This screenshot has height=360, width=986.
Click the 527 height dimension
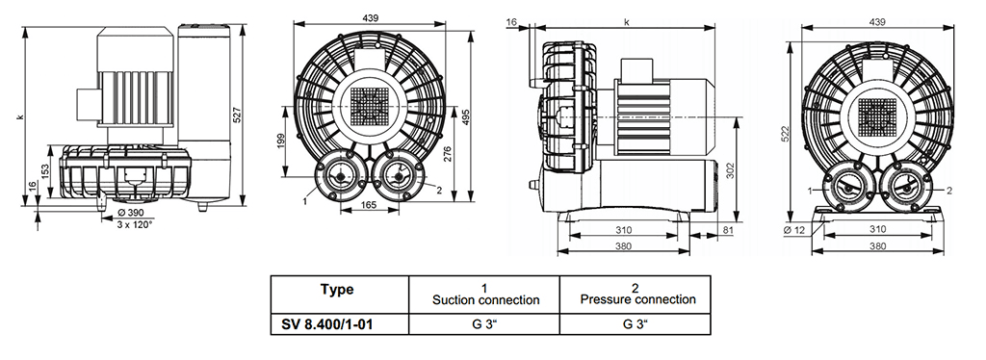pyautogui.click(x=237, y=116)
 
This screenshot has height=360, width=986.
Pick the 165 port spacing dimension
pyautogui.click(x=370, y=204)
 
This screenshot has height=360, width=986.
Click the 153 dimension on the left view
pyautogui.click(x=45, y=172)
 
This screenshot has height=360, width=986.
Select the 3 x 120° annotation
pyautogui.click(x=133, y=223)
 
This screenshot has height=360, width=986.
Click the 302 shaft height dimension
pyautogui.click(x=731, y=171)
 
